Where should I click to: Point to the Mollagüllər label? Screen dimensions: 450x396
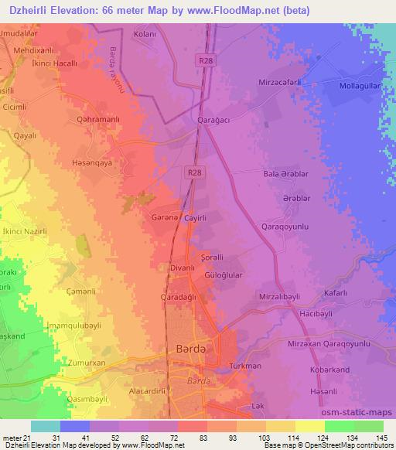(357, 89)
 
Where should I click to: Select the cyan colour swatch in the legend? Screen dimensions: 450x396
(45, 426)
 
